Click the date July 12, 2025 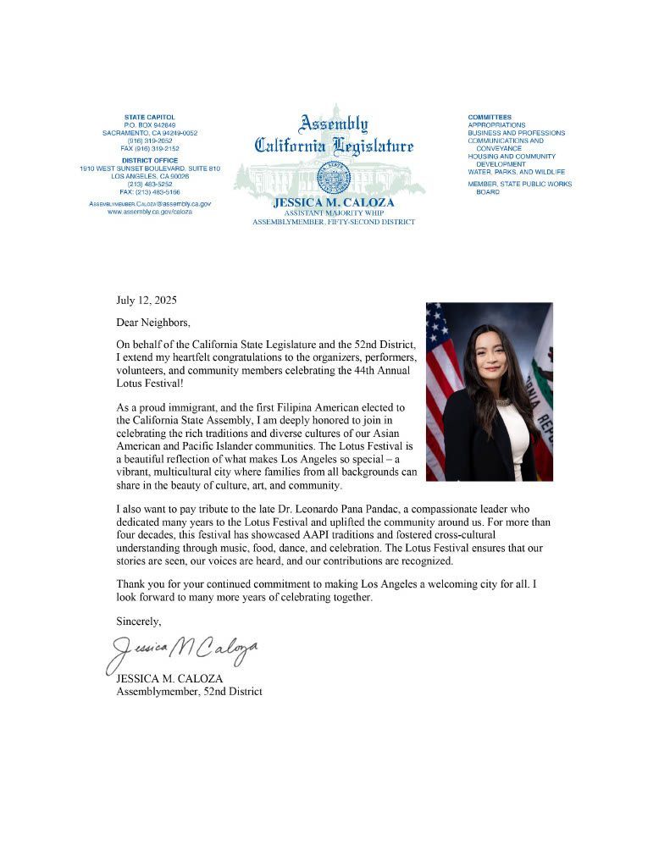pyautogui.click(x=147, y=300)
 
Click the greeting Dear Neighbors pyautogui.click(x=153, y=323)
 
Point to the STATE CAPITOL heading pyautogui.click(x=149, y=116)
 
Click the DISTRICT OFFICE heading pyautogui.click(x=149, y=160)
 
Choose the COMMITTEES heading pyautogui.click(x=490, y=116)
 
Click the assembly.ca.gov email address pyautogui.click(x=149, y=204)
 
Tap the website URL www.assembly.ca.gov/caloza pyautogui.click(x=149, y=212)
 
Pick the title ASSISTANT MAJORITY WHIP pyautogui.click(x=333, y=213)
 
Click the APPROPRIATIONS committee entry pyautogui.click(x=496, y=124)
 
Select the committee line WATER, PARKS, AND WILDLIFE pyautogui.click(x=516, y=172)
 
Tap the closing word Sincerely pyautogui.click(x=139, y=621)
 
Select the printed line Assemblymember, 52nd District pyautogui.click(x=189, y=691)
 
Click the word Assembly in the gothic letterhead pyautogui.click(x=334, y=124)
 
